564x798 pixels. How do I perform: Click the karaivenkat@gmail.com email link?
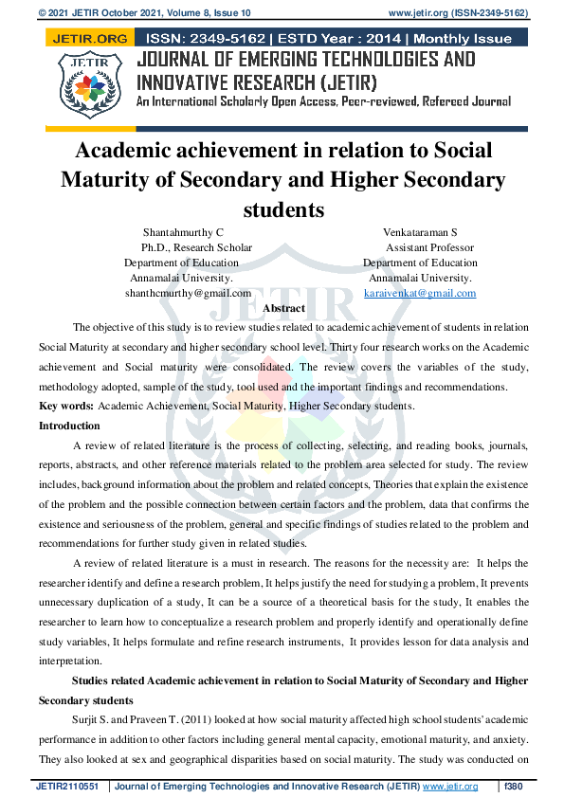click(420, 294)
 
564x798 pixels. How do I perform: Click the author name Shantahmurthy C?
click(183, 232)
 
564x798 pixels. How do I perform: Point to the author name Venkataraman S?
click(420, 232)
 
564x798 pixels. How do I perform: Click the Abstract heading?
click(282, 309)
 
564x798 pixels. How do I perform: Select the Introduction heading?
click(69, 426)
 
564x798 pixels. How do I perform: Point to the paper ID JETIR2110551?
click(68, 787)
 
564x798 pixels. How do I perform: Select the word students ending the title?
click(282, 209)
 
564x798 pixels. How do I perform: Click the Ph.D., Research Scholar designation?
click(188, 247)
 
